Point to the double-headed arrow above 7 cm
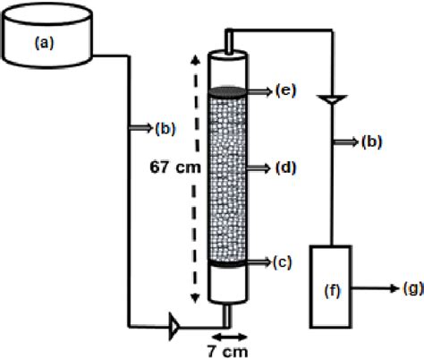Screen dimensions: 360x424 point(227,323)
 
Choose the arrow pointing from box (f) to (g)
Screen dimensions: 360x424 point(372,287)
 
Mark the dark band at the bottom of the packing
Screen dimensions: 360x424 point(227,263)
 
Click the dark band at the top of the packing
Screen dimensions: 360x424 point(227,90)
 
